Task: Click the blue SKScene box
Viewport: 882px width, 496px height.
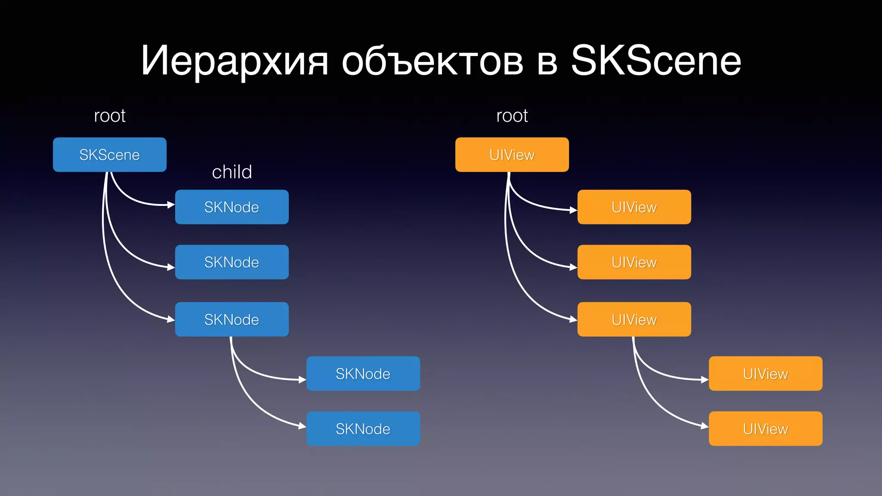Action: pyautogui.click(x=109, y=155)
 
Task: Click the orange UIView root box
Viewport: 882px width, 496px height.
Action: pyautogui.click(x=512, y=155)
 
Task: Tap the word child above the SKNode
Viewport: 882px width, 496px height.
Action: pyautogui.click(x=232, y=172)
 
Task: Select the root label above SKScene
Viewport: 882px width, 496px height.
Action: pyautogui.click(x=109, y=116)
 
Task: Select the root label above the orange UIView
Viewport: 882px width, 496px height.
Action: pyautogui.click(x=512, y=116)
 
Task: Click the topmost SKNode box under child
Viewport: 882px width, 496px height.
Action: pyautogui.click(x=232, y=207)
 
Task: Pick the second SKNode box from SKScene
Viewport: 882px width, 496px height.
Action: pyautogui.click(x=232, y=262)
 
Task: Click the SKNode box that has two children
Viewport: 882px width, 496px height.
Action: pyautogui.click(x=232, y=319)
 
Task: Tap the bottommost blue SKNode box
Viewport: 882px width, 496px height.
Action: pyautogui.click(x=363, y=429)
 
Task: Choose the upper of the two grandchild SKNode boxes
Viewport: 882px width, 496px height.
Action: pyautogui.click(x=363, y=374)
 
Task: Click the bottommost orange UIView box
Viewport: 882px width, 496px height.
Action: pyautogui.click(x=765, y=429)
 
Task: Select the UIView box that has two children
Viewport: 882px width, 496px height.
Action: pyautogui.click(x=634, y=319)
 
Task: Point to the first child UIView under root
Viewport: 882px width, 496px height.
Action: pyautogui.click(x=634, y=207)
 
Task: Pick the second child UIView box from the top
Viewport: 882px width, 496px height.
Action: pyautogui.click(x=634, y=262)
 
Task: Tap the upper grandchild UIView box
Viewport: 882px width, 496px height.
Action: pyautogui.click(x=765, y=374)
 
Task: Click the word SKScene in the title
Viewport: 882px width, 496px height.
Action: pyautogui.click(x=655, y=61)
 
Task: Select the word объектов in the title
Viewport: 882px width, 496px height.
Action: pyautogui.click(x=432, y=61)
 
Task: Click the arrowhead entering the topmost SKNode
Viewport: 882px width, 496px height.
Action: pyautogui.click(x=171, y=205)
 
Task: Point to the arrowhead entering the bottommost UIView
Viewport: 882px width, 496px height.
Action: pyautogui.click(x=705, y=426)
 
